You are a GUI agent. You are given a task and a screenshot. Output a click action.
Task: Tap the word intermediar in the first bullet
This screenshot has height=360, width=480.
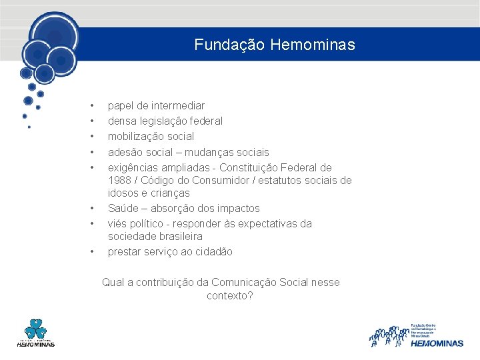[x=178, y=105]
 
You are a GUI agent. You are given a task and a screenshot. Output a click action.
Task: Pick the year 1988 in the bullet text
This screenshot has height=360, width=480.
[x=120, y=180]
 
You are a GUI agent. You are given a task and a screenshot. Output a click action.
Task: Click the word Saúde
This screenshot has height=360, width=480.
[x=123, y=208]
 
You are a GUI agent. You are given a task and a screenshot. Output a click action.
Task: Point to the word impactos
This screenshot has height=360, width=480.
[x=237, y=208]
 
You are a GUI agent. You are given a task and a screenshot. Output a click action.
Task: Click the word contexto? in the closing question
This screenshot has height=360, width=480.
[x=230, y=295]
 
